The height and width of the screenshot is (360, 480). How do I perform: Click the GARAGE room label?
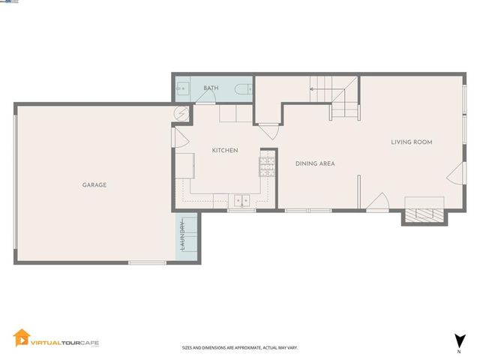[94, 184]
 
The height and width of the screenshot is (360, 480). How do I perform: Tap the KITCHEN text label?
[225, 151]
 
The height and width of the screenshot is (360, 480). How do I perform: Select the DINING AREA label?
[315, 163]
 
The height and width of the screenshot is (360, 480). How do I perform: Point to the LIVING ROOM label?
[412, 142]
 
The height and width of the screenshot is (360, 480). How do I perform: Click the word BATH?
[211, 88]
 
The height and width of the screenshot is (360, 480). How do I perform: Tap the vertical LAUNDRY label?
[182, 238]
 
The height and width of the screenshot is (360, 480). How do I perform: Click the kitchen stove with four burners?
[267, 164]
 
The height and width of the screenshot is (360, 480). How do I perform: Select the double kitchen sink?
[241, 200]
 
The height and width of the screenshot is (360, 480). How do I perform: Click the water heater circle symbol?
[182, 113]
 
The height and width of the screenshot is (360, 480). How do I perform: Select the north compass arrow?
[457, 340]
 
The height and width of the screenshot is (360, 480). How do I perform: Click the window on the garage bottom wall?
[147, 262]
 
